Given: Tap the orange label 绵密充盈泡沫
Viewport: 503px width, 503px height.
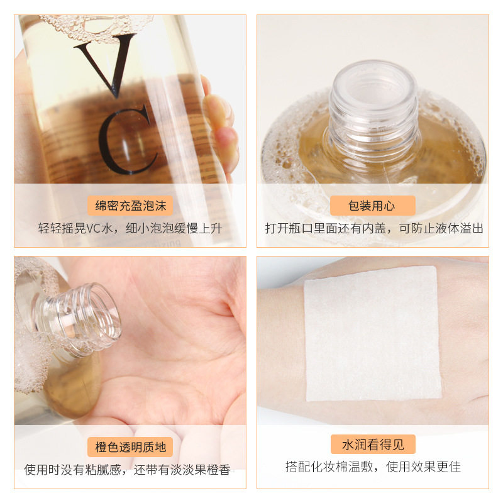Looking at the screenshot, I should click(x=130, y=206).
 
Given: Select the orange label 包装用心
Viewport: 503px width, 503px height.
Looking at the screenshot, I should click(x=372, y=206).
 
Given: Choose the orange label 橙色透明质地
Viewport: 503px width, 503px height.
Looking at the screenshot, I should click(x=130, y=447).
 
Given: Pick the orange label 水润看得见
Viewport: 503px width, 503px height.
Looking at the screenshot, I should click(x=372, y=445).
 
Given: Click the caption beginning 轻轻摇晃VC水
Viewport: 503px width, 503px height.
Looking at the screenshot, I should click(x=130, y=228).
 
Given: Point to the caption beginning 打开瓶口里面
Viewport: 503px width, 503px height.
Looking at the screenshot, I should click(x=373, y=228).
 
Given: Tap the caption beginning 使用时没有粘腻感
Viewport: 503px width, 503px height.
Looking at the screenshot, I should click(x=127, y=470).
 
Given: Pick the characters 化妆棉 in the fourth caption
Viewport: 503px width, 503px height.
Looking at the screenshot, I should click(x=326, y=467).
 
